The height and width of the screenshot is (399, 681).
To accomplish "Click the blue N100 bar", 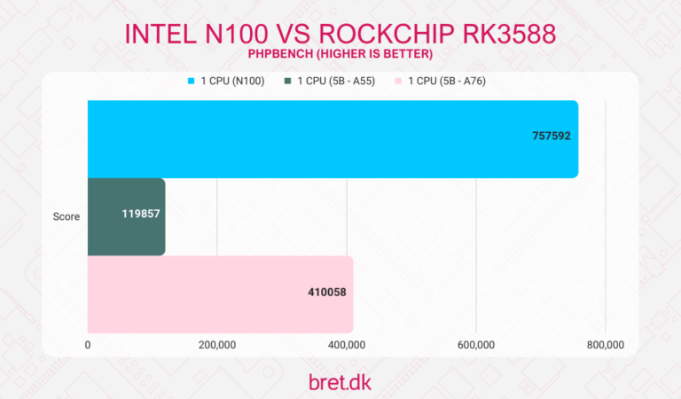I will click(333, 139).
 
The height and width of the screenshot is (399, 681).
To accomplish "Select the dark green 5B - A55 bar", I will click(126, 216).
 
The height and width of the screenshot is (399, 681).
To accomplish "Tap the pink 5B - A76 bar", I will click(220, 293).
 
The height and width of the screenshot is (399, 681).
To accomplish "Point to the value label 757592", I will click(549, 139).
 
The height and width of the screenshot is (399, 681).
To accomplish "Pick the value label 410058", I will click(325, 293).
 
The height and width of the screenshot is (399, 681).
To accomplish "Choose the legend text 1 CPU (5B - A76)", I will click(453, 82).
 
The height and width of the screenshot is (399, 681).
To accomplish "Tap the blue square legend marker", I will click(191, 82).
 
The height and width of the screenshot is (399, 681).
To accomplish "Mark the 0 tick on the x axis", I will click(88, 345).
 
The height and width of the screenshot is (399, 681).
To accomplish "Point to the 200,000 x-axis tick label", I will click(216, 345).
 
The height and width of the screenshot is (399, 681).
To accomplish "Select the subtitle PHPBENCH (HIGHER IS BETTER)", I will click(340, 55).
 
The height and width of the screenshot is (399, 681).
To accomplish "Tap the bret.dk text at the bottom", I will click(340, 382).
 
